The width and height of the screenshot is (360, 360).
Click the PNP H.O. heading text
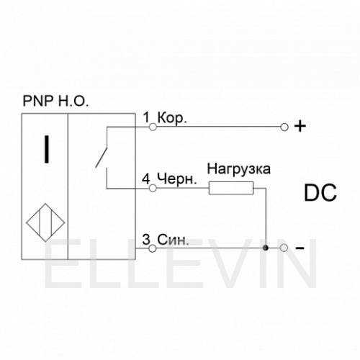point(55,101)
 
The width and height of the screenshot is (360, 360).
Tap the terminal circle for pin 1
point(153,127)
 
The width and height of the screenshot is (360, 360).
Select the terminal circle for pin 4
point(153,188)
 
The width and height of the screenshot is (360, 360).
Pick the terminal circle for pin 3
point(153,248)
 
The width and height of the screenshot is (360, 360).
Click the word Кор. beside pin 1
point(172,118)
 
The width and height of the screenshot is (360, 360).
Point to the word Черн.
point(177,179)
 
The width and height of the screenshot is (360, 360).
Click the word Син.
point(173,239)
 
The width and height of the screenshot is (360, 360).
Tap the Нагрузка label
point(239,169)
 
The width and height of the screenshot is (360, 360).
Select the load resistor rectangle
point(231,188)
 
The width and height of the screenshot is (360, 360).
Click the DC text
point(320,193)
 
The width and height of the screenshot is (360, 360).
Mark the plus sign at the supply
point(300,126)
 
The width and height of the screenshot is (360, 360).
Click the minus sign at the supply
point(300,248)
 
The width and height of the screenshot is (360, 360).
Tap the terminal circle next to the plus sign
point(284,127)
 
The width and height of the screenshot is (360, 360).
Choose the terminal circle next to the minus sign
point(284,248)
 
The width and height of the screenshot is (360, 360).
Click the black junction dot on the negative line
point(265,248)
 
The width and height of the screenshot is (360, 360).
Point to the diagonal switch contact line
point(101,158)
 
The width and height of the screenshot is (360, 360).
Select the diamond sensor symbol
point(45,222)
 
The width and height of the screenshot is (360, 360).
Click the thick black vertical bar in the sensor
point(47,149)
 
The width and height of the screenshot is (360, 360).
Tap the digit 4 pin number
point(146,179)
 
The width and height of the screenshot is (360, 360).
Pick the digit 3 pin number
point(146,239)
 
